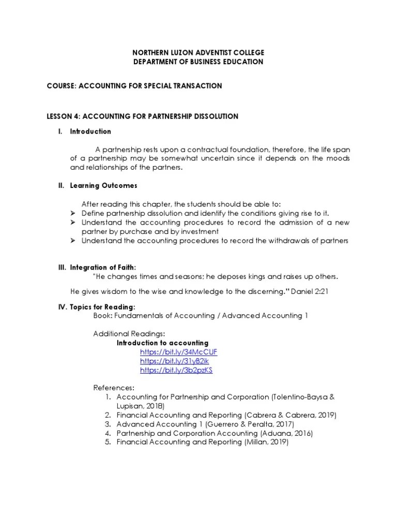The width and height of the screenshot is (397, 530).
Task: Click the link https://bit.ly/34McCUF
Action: [179, 352]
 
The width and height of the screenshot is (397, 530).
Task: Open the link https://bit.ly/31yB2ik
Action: [175, 361]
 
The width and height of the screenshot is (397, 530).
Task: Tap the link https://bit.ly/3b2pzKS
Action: [177, 371]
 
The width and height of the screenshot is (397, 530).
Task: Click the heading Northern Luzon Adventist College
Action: [198, 53]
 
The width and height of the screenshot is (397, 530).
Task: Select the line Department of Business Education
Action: [198, 62]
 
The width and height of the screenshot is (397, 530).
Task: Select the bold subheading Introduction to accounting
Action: [162, 343]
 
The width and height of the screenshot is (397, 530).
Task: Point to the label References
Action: [113, 388]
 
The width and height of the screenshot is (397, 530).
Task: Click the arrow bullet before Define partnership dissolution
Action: [73, 213]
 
